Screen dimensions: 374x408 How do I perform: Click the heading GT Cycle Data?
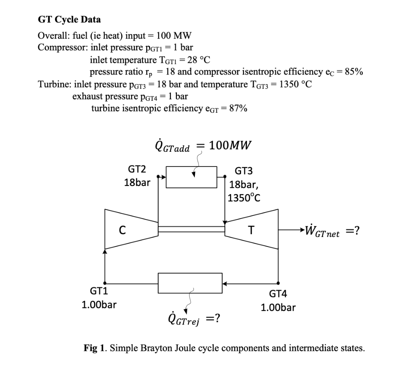tap(69, 19)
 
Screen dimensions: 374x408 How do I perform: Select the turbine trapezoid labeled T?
tap(251, 230)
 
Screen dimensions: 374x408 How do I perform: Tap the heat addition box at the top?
tap(191, 177)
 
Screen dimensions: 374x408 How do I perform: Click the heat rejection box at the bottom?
tap(190, 284)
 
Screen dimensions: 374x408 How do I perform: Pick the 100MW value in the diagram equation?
tap(230, 144)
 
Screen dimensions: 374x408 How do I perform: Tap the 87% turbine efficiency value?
tap(238, 108)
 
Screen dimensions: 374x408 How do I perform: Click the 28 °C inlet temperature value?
tap(199, 60)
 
